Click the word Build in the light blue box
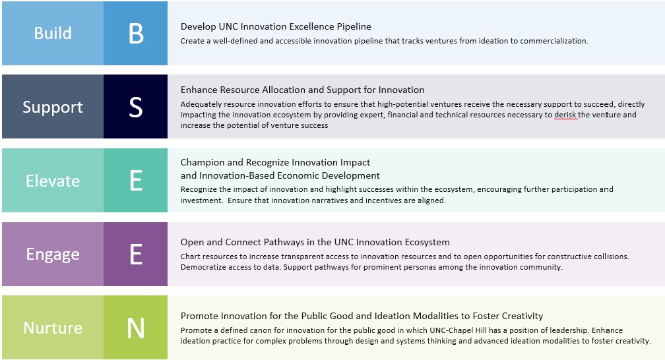[53, 33]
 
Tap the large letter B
[136, 33]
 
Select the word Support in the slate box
[53, 107]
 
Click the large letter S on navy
[136, 107]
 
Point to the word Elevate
[53, 181]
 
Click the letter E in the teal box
[136, 181]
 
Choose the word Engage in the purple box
[53, 255]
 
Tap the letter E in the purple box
[136, 255]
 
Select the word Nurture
[53, 328]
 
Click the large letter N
[136, 328]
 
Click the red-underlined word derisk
[565, 115]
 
